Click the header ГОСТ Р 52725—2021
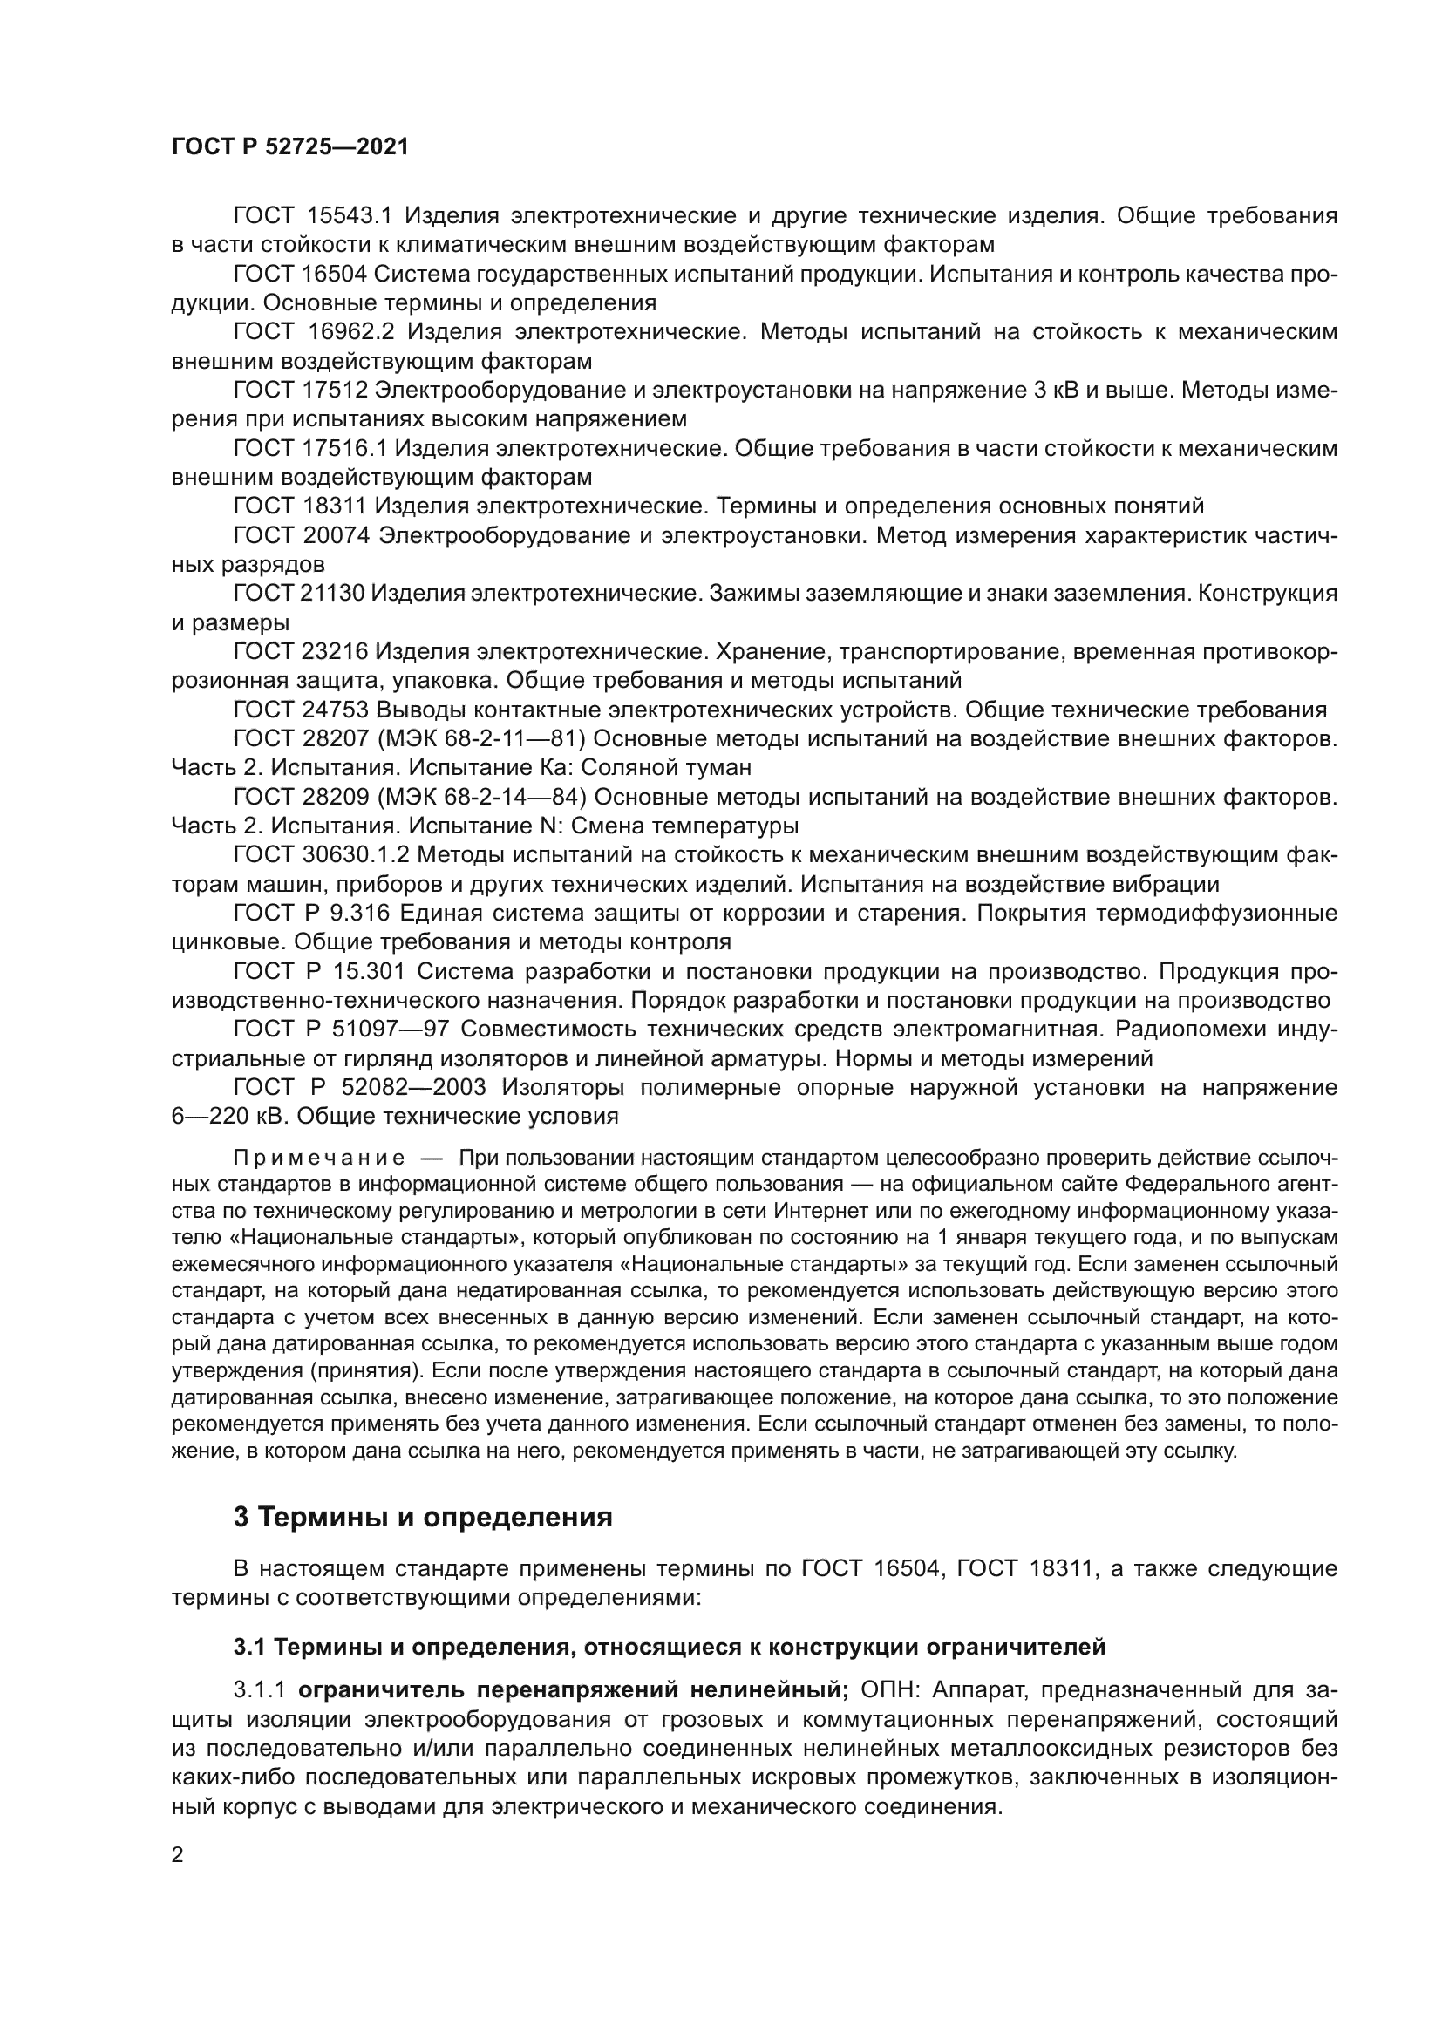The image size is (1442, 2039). [x=289, y=147]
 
